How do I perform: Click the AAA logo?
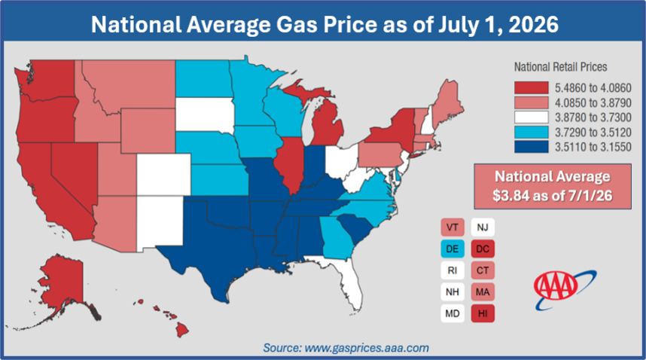coord(564,289)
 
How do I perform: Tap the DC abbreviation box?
coord(483,249)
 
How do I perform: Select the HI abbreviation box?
coord(483,313)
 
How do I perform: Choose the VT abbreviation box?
coord(453,227)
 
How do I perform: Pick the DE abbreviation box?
coord(453,249)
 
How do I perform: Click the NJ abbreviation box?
coord(483,227)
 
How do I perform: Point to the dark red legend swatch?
coord(531,87)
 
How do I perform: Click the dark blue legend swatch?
coord(531,147)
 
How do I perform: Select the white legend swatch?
coord(531,117)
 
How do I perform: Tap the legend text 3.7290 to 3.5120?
coord(593,133)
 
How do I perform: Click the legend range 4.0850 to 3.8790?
coord(593,102)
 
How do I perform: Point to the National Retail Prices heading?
coord(560,67)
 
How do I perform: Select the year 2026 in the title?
coord(534,24)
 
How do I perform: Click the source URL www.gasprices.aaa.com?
coord(367,348)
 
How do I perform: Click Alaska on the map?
coord(62,284)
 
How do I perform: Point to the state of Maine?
coord(448,101)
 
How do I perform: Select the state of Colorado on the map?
coord(163,174)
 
